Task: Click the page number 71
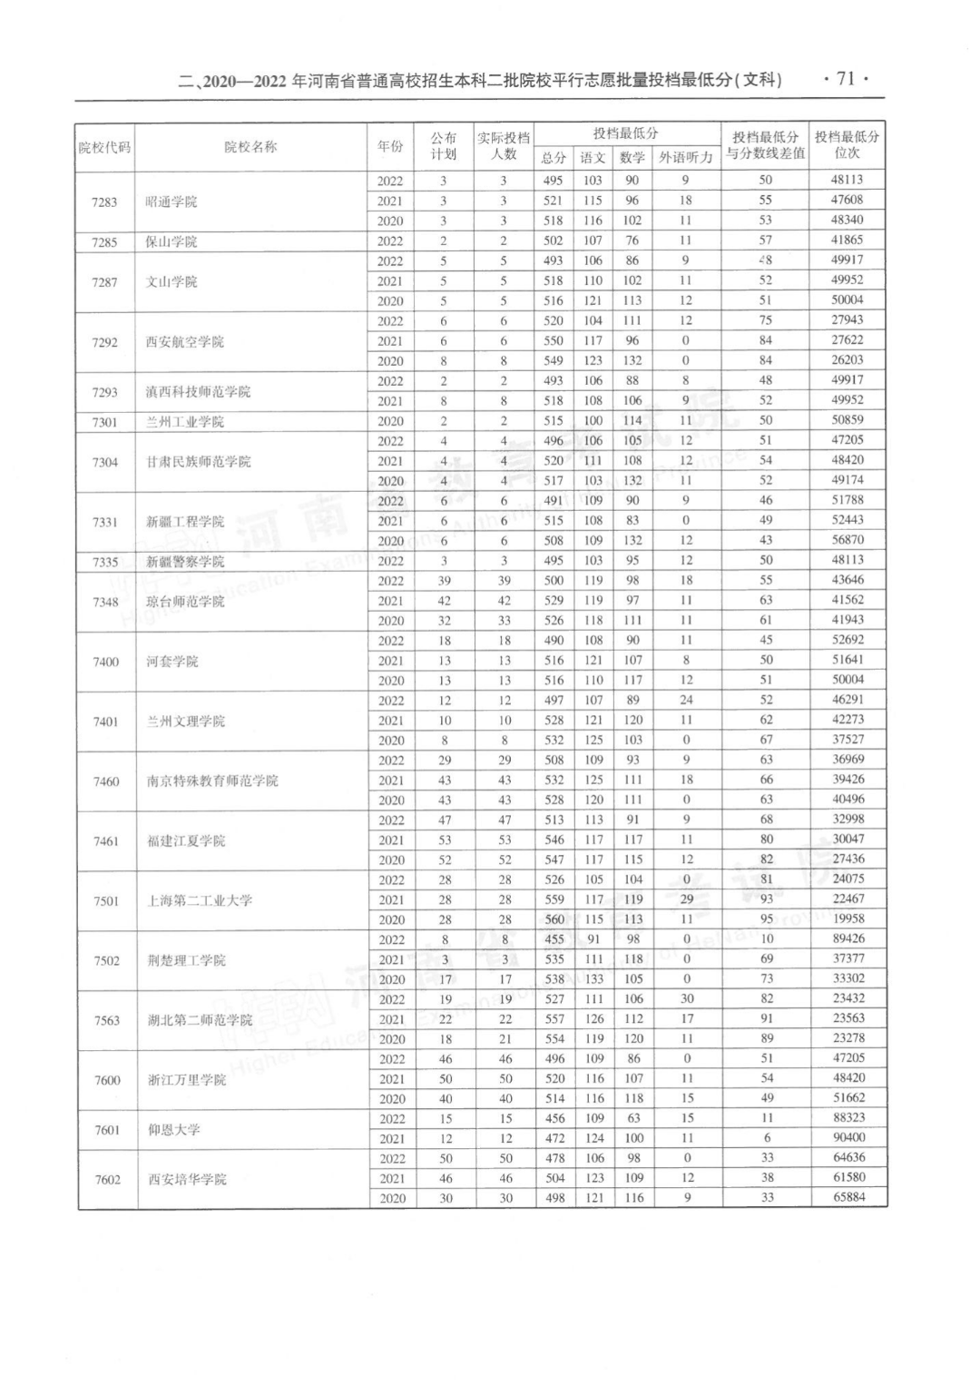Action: tap(846, 79)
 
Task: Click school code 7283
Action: tap(104, 201)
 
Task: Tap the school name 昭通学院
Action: tap(171, 201)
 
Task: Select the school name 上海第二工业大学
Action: tap(200, 900)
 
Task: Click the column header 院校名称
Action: tap(250, 147)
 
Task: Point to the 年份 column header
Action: tap(390, 147)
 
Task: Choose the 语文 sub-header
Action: tap(593, 158)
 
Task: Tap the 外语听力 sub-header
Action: tap(685, 158)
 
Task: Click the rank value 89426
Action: tap(848, 939)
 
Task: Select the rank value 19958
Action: tap(848, 918)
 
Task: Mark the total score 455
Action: tap(554, 939)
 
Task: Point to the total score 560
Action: tap(554, 919)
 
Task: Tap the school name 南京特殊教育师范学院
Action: tap(212, 781)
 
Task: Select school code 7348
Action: tap(105, 602)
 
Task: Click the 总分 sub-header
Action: tap(554, 158)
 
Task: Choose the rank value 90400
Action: tap(848, 1138)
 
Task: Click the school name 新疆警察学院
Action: tap(185, 562)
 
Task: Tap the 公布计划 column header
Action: tap(444, 146)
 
